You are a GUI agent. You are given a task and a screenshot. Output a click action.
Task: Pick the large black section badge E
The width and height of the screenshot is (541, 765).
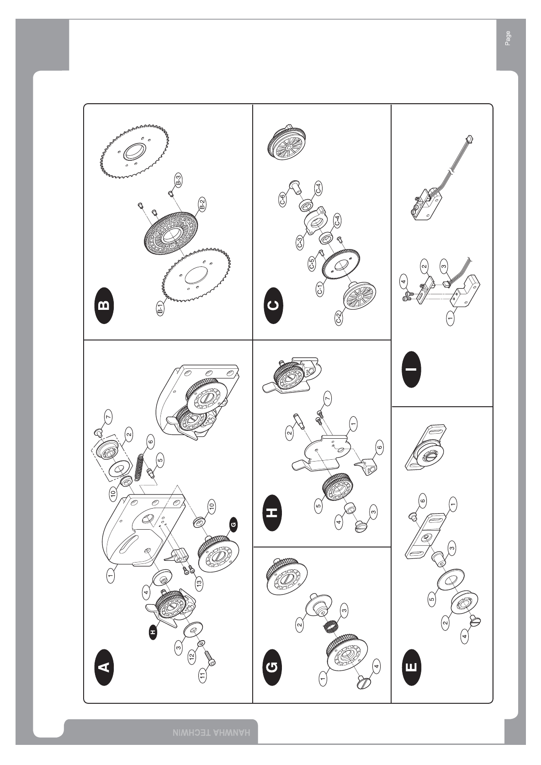pos(412,667)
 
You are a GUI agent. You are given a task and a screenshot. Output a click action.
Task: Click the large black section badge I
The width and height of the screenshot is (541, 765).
pos(412,369)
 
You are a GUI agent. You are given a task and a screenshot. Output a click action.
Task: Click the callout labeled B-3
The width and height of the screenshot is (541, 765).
pos(178,180)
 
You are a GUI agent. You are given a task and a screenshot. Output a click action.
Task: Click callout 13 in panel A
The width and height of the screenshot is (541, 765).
pos(200,583)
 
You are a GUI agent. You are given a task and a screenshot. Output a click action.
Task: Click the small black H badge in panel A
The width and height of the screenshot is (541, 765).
pos(153,632)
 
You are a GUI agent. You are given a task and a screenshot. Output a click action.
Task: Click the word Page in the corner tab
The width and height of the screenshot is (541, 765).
pos(508,38)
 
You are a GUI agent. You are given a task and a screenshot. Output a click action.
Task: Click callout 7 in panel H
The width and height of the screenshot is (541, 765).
pos(328,398)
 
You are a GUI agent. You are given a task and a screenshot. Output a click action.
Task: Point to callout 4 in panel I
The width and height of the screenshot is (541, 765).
pos(404,282)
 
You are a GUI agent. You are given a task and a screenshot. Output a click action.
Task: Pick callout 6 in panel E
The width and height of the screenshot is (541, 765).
pos(423,501)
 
